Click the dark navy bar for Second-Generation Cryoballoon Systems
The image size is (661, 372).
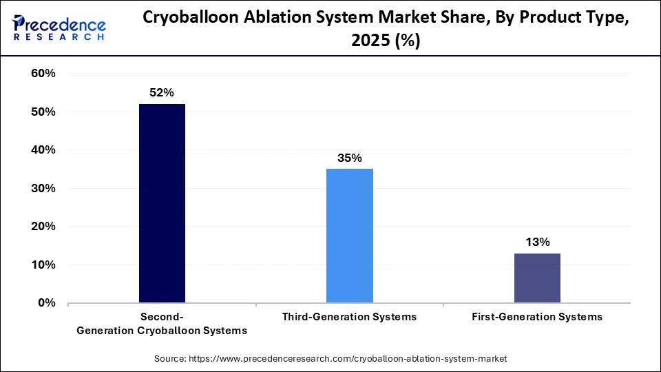[x=162, y=203]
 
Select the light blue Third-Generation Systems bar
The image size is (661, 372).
[x=349, y=236]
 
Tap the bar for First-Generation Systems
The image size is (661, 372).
[x=537, y=278]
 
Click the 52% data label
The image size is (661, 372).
[x=162, y=92]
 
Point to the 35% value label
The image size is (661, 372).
[x=349, y=158]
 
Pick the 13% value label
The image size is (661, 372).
[x=537, y=242]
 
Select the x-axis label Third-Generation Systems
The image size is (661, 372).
[x=349, y=317]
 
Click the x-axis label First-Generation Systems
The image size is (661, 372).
[x=537, y=317]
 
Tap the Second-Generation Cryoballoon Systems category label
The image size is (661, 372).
[x=162, y=324]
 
